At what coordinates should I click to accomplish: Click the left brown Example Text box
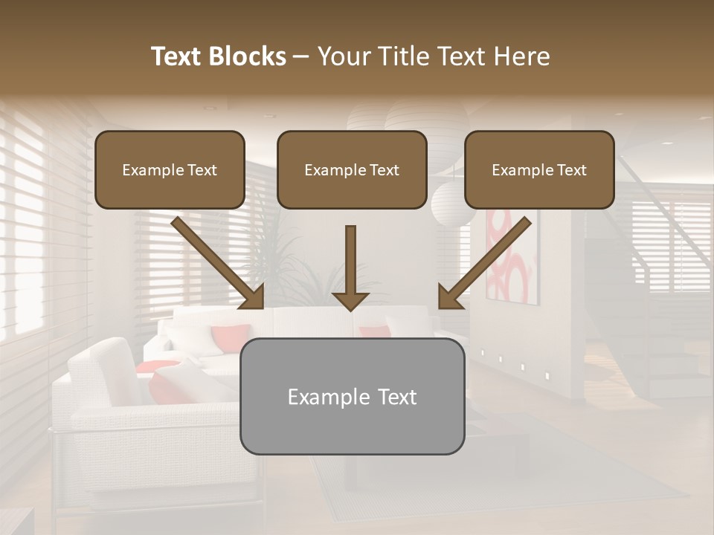tap(170, 169)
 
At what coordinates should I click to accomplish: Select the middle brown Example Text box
tap(352, 169)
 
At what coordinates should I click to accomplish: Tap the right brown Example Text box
tap(539, 169)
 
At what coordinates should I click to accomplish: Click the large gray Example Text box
tap(352, 396)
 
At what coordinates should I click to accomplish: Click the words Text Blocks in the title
tap(218, 56)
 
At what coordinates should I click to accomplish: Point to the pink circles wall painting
tap(512, 260)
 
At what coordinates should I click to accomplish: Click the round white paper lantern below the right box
tap(451, 205)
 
